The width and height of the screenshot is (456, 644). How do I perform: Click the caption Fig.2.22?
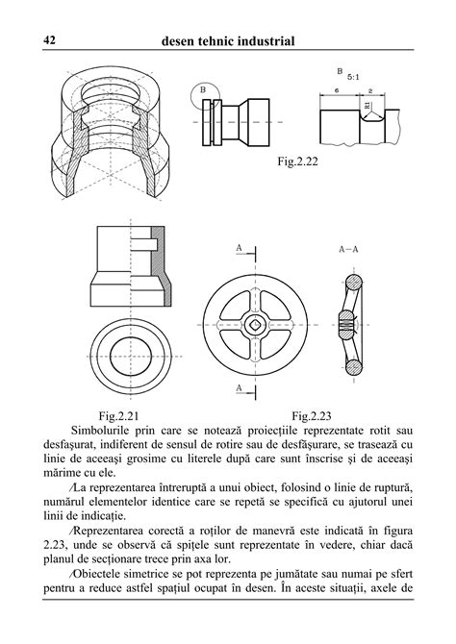(298, 162)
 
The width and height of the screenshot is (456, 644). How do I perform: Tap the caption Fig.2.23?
(311, 416)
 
